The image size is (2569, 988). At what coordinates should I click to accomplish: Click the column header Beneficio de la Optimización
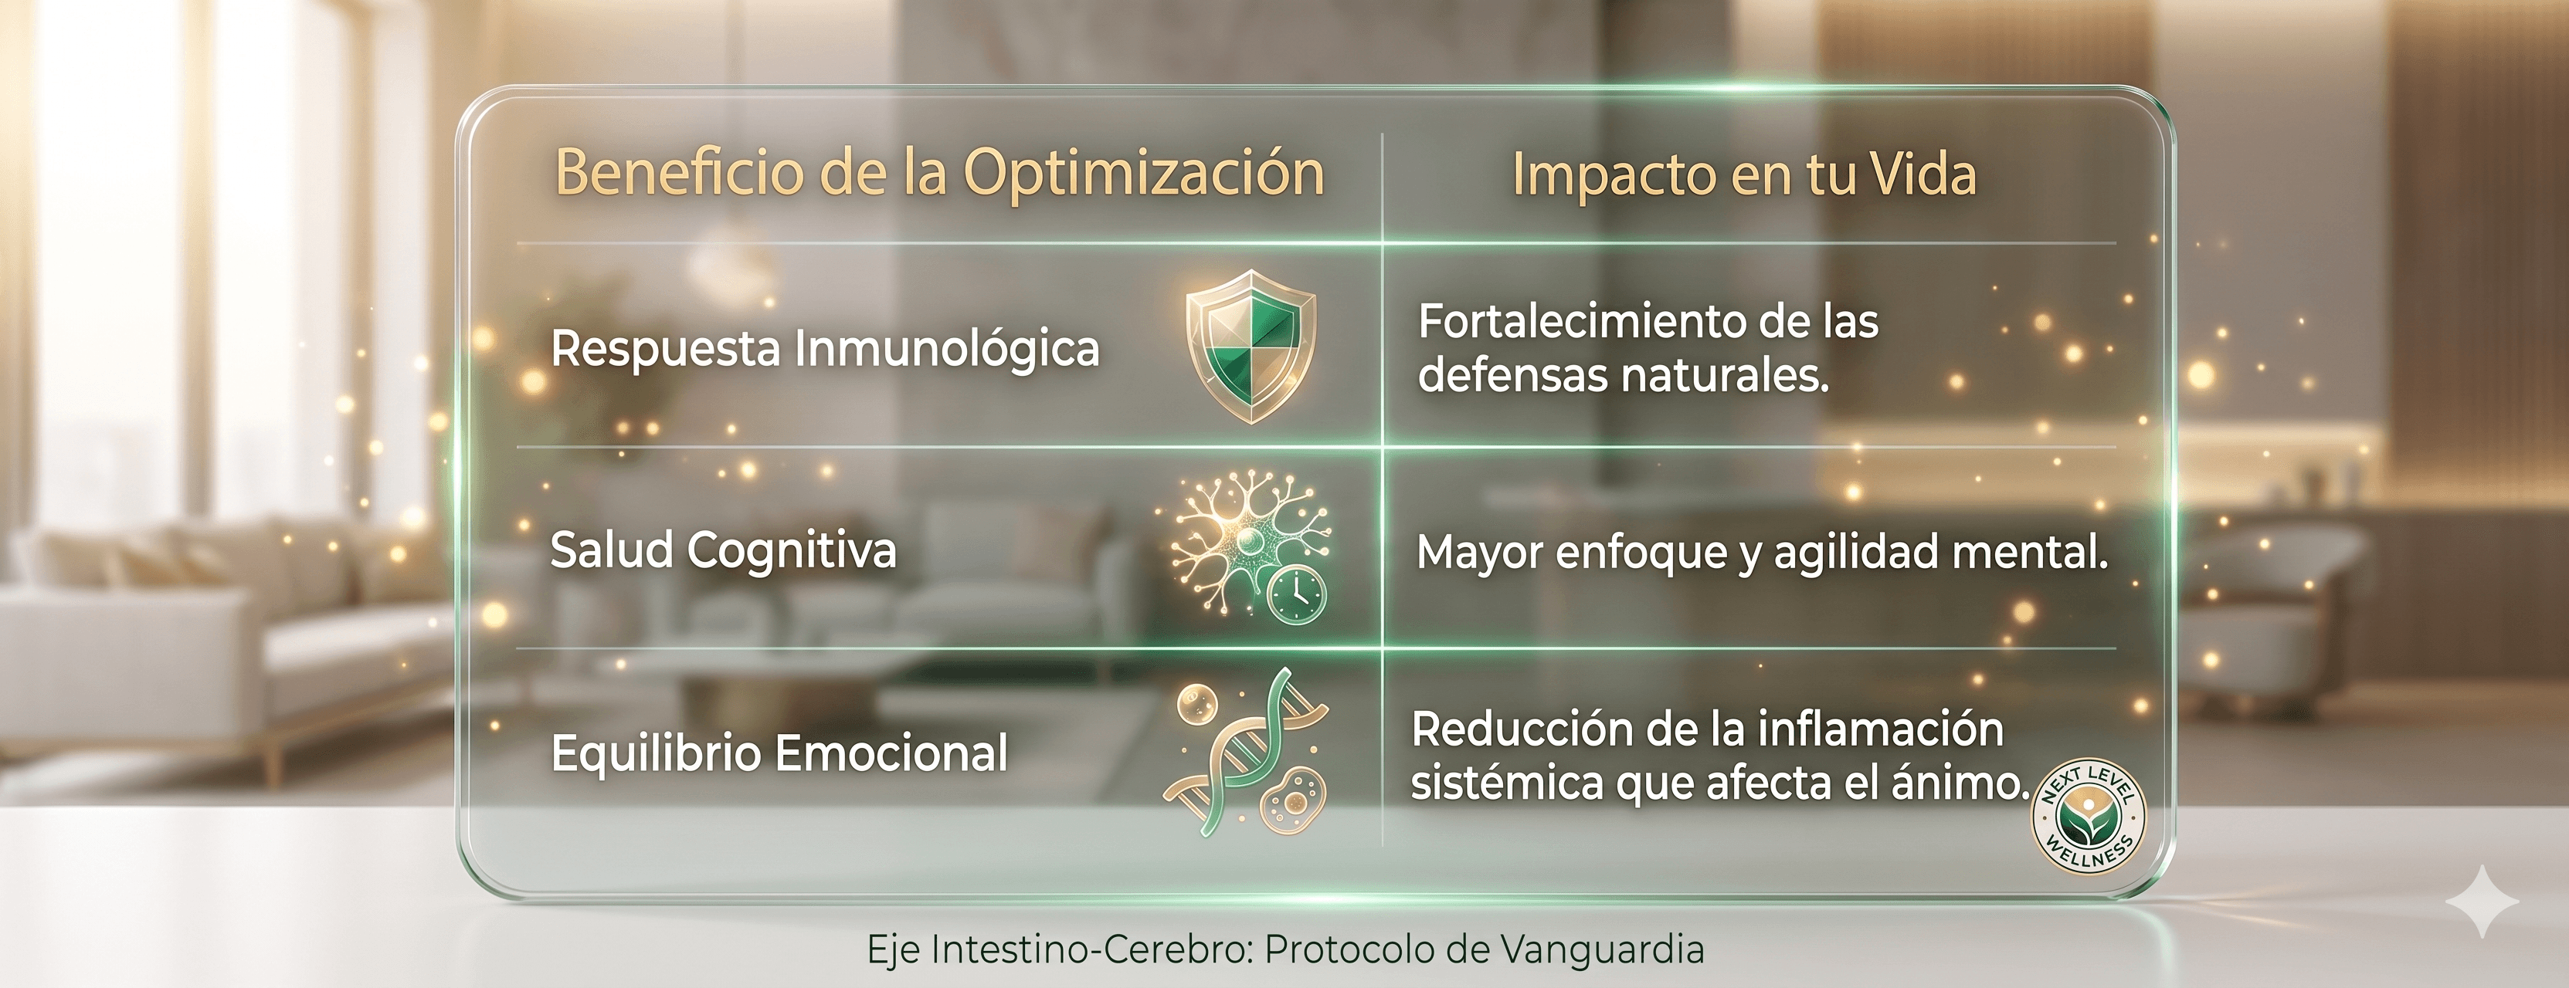[939, 174]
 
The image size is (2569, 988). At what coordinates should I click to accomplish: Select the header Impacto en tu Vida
[1744, 174]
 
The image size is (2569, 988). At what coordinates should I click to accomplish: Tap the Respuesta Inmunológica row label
[825, 350]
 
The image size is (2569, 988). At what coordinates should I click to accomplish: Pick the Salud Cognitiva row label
[723, 551]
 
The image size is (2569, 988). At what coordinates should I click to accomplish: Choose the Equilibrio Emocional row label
[779, 753]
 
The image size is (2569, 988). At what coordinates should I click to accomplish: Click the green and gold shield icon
[1251, 346]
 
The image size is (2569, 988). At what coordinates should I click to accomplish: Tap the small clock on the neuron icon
[1296, 595]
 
